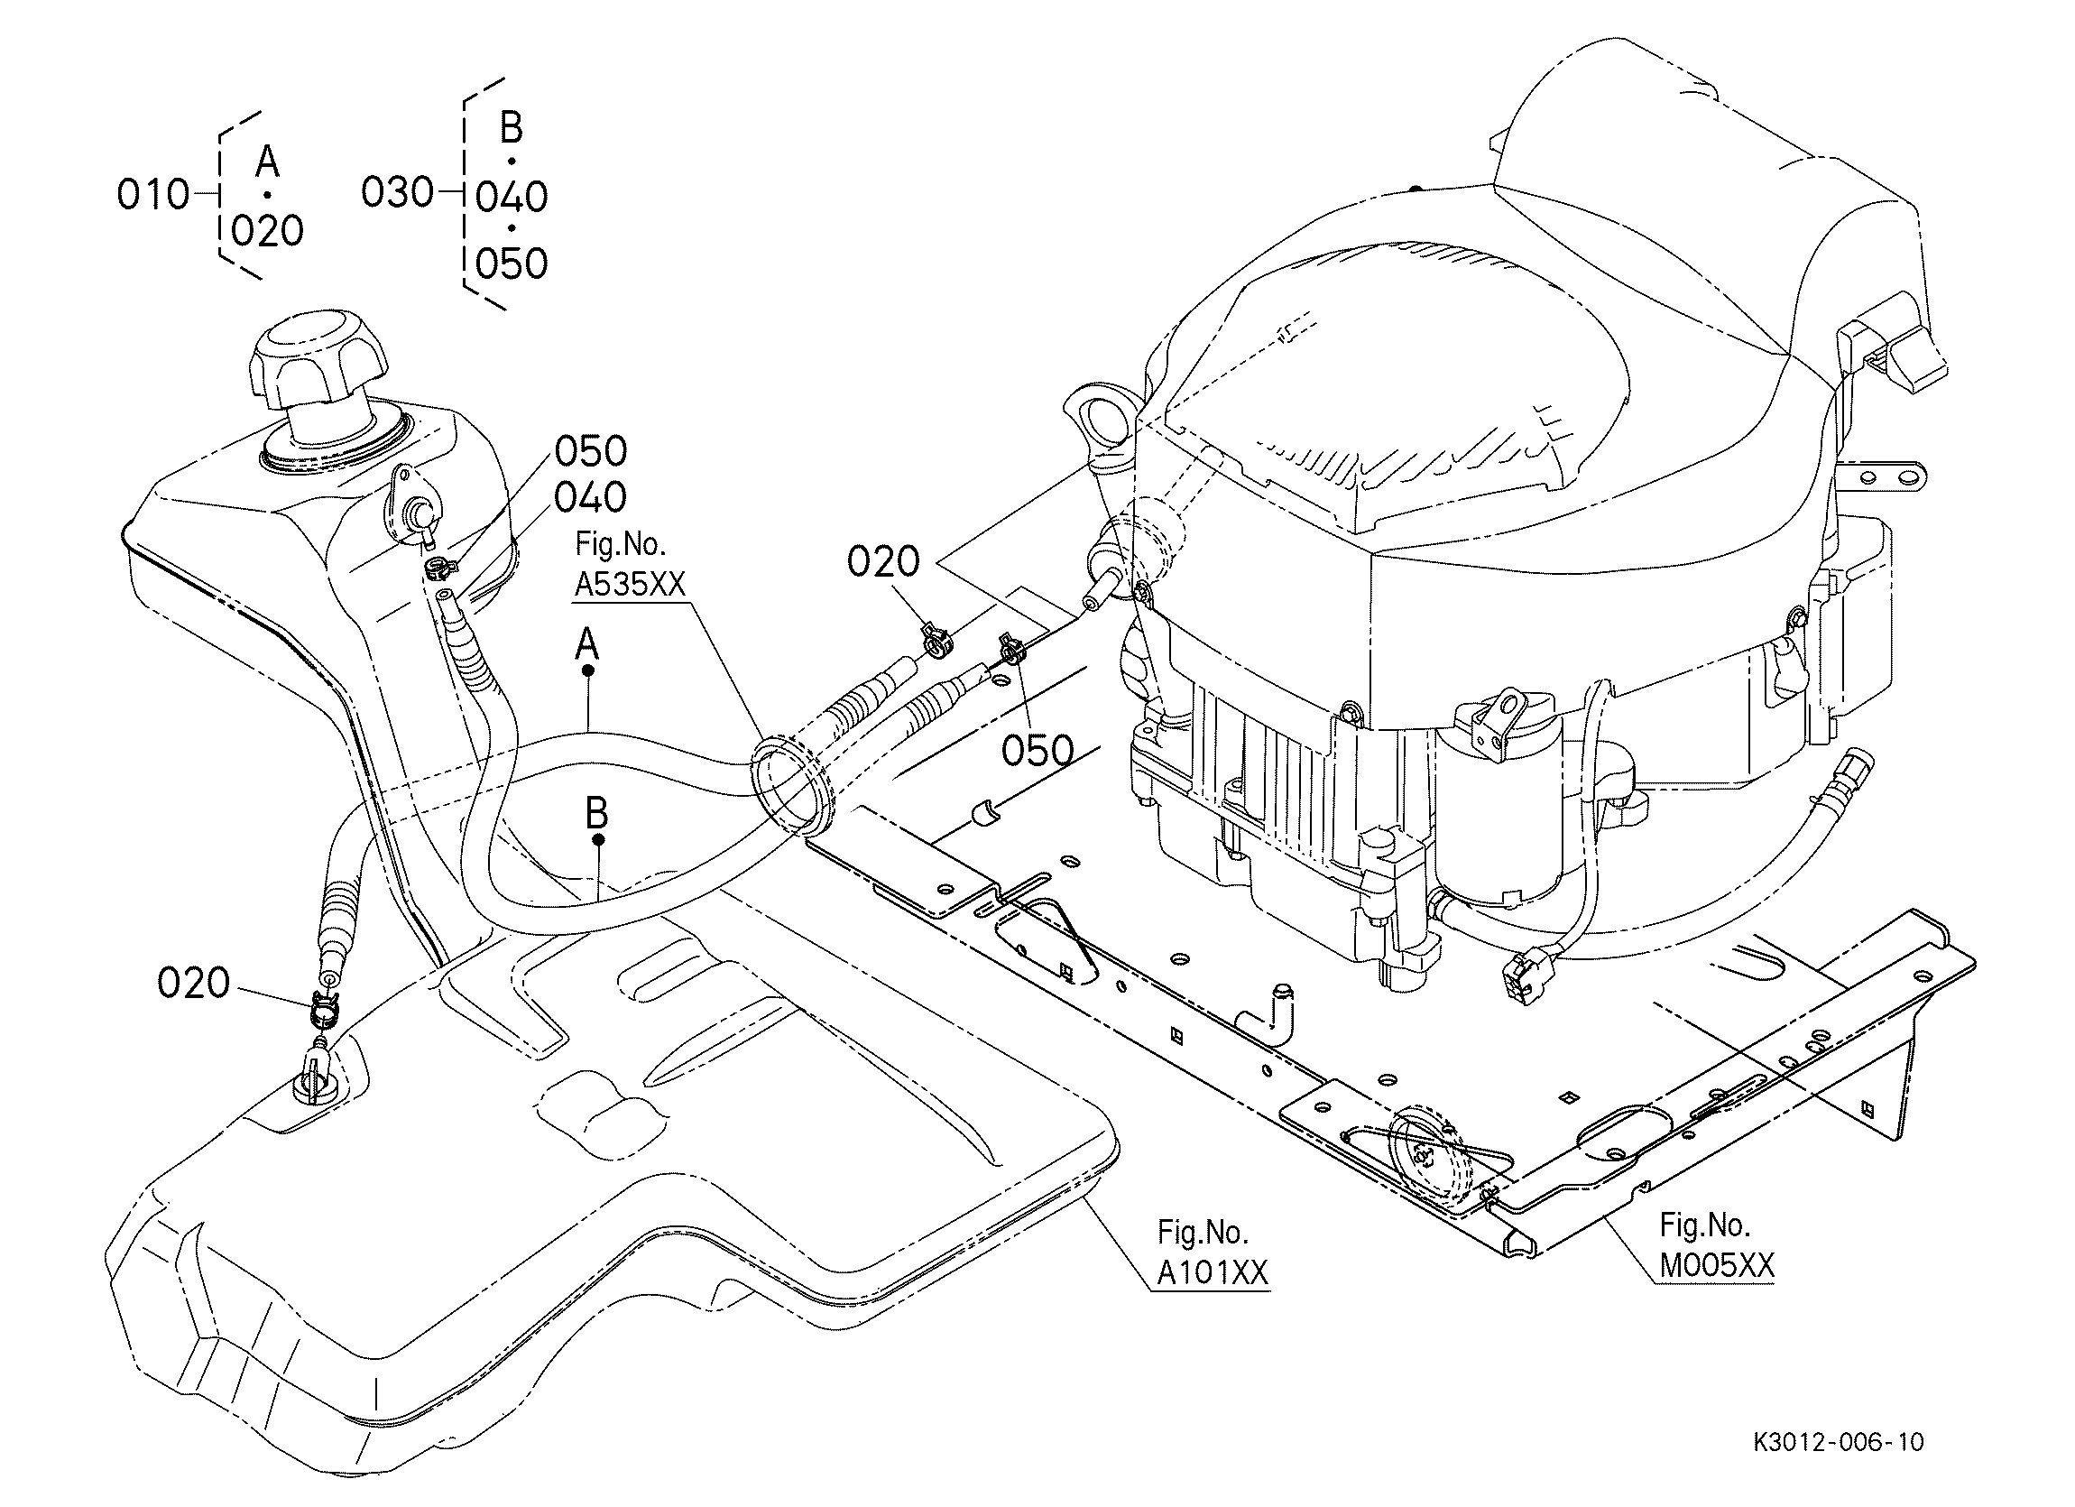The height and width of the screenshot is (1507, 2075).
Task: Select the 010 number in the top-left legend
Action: (x=152, y=195)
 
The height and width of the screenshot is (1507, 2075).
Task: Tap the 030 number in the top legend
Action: (x=397, y=193)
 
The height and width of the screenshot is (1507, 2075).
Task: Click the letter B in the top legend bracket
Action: (x=512, y=128)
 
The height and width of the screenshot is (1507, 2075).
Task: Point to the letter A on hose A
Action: (x=587, y=644)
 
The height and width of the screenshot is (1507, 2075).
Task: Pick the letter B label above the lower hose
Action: (x=596, y=812)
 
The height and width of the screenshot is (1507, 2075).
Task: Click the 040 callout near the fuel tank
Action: (x=591, y=498)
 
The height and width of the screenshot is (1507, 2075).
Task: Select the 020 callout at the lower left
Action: (x=194, y=984)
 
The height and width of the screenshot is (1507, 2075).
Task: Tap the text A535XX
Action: (x=630, y=584)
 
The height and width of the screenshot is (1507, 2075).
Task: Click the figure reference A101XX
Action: (x=1213, y=1272)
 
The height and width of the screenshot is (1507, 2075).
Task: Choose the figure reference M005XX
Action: (x=1717, y=1265)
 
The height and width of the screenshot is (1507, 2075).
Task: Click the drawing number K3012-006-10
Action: (x=1839, y=1442)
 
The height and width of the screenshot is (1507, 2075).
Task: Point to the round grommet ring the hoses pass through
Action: (x=786, y=788)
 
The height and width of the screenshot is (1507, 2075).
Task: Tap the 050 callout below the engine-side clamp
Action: (x=1037, y=750)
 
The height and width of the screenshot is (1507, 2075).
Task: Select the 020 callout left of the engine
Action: (x=884, y=562)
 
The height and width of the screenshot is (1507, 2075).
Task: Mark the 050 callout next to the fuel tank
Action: (x=591, y=451)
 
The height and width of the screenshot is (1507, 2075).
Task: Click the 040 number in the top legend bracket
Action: (x=512, y=197)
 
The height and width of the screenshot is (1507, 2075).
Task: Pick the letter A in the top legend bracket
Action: (x=267, y=162)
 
